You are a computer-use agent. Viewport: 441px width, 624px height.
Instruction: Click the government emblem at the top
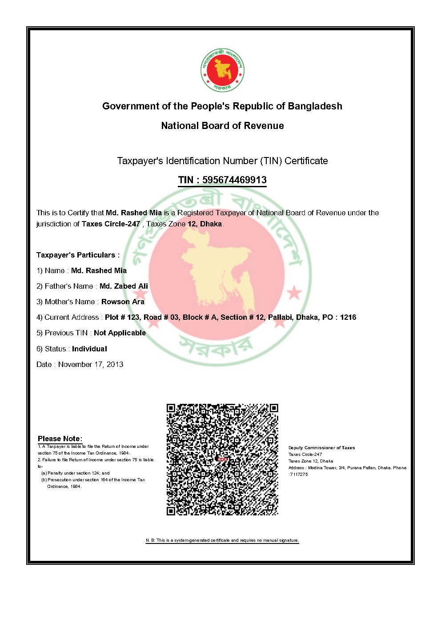coord(222,70)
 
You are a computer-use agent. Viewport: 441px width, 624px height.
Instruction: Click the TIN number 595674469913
coord(234,180)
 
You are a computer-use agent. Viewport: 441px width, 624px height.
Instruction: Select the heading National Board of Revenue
coord(222,126)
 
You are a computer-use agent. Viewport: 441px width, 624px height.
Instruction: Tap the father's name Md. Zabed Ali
coord(124,286)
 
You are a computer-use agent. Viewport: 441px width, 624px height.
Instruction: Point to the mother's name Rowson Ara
coord(123,302)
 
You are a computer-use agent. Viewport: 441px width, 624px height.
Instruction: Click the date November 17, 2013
coord(91,365)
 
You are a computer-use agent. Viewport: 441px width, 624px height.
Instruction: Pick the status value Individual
coord(89,349)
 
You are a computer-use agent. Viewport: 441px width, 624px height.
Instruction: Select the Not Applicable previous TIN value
coord(120,333)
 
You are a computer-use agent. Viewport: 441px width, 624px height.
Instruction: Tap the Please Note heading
coord(60,439)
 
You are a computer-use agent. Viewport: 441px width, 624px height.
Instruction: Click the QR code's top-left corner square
coord(172,408)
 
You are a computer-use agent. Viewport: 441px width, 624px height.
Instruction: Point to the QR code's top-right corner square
coord(273,408)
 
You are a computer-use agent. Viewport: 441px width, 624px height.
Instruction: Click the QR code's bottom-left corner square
coord(172,511)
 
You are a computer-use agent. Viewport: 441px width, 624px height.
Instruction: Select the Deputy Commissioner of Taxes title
coord(321,448)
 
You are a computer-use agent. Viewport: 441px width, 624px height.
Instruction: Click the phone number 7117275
coord(298,475)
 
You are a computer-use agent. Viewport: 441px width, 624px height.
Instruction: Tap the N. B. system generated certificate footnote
coord(222,540)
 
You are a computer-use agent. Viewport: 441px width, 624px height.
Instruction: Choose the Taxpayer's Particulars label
coord(78,255)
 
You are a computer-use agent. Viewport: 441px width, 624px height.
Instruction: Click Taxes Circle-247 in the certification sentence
coord(111,224)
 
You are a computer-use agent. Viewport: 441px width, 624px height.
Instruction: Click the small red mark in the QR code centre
coord(222,459)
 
